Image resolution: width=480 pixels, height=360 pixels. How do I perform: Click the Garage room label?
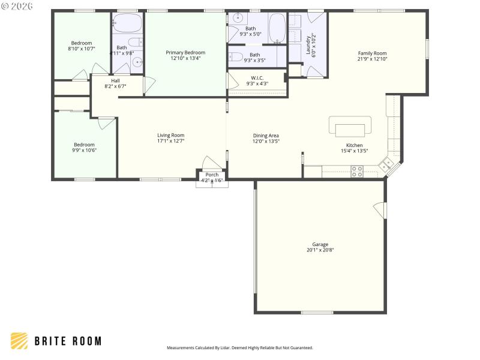pyautogui.click(x=320, y=244)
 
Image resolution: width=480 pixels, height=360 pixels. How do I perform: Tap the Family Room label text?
pyautogui.click(x=372, y=53)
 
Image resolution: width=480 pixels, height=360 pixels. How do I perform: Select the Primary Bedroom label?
pyautogui.click(x=185, y=53)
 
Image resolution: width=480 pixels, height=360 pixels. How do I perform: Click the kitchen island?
pyautogui.click(x=350, y=130)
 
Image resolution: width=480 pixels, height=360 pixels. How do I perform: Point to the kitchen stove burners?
pyautogui.click(x=357, y=171)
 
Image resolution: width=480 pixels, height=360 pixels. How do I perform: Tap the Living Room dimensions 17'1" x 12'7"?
pyautogui.click(x=171, y=141)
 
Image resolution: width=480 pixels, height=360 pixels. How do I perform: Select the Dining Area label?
pyautogui.click(x=266, y=136)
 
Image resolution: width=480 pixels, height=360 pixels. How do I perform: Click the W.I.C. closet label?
pyautogui.click(x=257, y=77)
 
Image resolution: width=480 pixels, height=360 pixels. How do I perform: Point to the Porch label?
pyautogui.click(x=212, y=175)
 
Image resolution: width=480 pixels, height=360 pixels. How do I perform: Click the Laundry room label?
pyautogui.click(x=308, y=44)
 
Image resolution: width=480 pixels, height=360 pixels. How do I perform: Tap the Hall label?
pyautogui.click(x=115, y=80)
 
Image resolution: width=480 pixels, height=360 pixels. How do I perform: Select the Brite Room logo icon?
pyautogui.click(x=19, y=341)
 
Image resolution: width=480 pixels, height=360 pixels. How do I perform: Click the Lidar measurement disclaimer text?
pyautogui.click(x=239, y=347)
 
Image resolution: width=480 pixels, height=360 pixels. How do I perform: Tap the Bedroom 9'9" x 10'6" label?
pyautogui.click(x=84, y=145)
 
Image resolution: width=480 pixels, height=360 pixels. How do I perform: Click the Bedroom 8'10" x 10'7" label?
pyautogui.click(x=82, y=43)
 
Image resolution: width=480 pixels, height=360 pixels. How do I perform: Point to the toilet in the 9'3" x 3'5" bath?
pyautogui.click(x=236, y=58)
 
